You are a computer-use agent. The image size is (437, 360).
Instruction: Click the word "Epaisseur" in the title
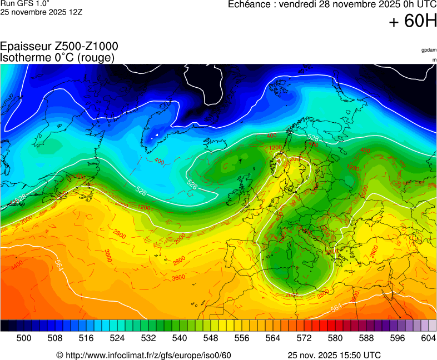click(26, 47)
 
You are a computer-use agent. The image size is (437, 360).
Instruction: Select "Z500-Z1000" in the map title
click(86, 47)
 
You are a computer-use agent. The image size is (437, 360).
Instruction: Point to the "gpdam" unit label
click(429, 50)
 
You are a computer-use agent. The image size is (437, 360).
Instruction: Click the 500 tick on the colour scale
click(24, 338)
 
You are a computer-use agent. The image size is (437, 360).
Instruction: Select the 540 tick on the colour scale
click(179, 338)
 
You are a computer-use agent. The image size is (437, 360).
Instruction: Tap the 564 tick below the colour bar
click(272, 338)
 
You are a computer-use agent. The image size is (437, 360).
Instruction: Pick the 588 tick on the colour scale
click(366, 338)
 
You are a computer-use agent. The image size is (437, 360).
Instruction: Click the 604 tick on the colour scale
click(428, 338)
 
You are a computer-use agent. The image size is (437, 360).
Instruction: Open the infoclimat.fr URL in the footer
click(148, 355)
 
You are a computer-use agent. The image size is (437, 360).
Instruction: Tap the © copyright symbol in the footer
click(60, 355)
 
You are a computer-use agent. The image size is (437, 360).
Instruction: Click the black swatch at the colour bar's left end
click(4, 326)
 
